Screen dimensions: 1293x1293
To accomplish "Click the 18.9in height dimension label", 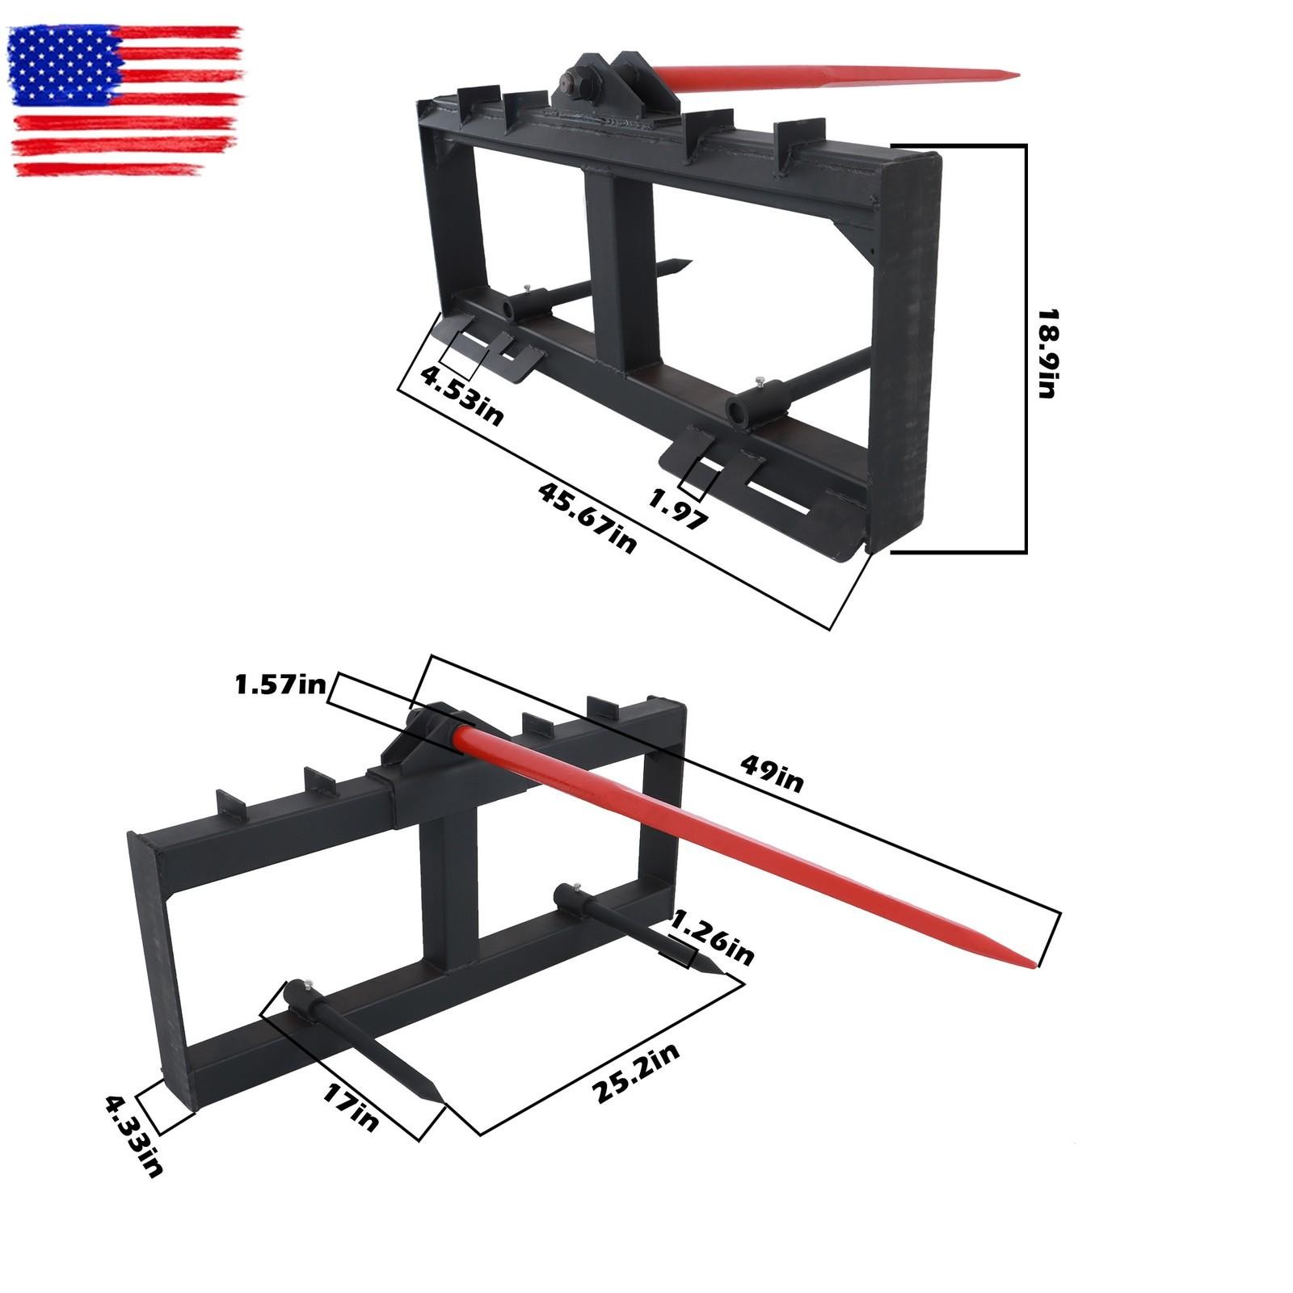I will tap(1047, 352).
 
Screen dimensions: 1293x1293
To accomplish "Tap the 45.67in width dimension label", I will tap(588, 517).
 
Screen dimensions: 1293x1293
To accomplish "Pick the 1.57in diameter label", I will tap(280, 686).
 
